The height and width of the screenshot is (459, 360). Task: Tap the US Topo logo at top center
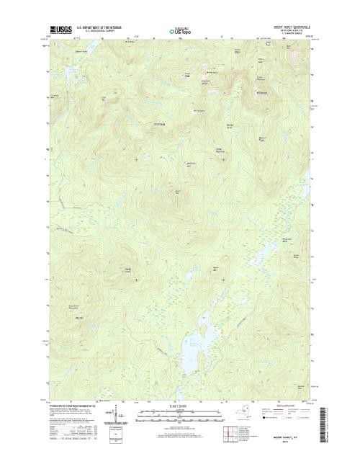pyautogui.click(x=180, y=32)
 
